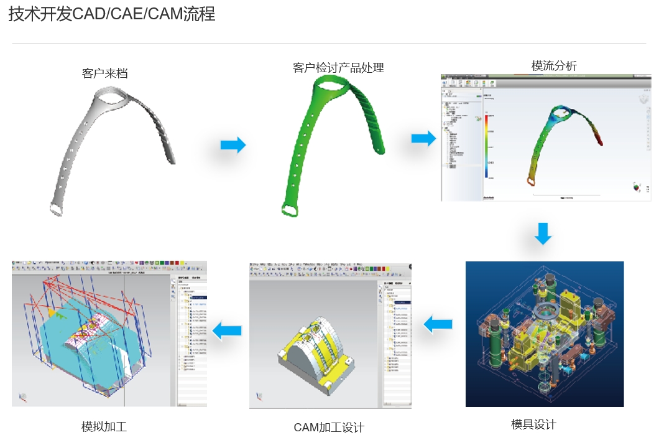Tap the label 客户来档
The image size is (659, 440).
coord(105,73)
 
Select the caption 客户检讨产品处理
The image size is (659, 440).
coord(338,68)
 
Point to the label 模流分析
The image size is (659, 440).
coord(554,66)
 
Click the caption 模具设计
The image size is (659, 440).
coord(533,424)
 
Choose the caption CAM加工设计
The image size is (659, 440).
coord(329,428)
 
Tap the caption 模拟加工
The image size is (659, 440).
coord(104,427)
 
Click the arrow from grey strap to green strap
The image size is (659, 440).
coord(233,146)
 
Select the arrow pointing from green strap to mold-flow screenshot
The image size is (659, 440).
coord(423,139)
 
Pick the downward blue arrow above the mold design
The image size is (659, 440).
coord(543,233)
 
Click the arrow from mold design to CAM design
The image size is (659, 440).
coord(438,324)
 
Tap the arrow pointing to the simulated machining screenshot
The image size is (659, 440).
coord(227,330)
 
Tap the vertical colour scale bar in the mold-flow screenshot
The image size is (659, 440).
coord(486,146)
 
